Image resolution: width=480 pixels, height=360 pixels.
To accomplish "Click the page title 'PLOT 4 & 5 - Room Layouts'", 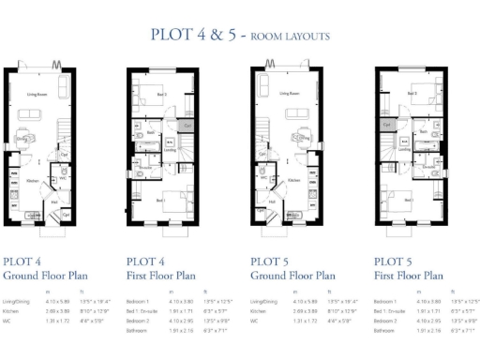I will click(x=239, y=36).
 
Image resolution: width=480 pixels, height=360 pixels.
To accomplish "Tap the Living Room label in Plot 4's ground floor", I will click(x=38, y=94).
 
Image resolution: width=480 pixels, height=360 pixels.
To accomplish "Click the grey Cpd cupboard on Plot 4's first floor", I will click(x=187, y=125).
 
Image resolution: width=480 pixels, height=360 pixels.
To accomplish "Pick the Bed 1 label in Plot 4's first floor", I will click(x=161, y=200).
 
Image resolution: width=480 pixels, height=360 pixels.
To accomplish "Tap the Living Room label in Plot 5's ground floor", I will click(x=285, y=94).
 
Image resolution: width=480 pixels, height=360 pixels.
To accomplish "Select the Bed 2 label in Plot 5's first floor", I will click(x=412, y=94).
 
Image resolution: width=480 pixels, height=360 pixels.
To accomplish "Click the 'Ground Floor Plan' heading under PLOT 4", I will click(x=44, y=276).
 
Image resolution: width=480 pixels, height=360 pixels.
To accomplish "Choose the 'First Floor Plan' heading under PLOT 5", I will click(x=409, y=276).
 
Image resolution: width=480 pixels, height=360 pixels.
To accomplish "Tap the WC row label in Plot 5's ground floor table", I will click(x=255, y=321).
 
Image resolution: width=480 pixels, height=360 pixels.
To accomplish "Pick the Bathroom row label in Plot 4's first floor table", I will click(x=137, y=331).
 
